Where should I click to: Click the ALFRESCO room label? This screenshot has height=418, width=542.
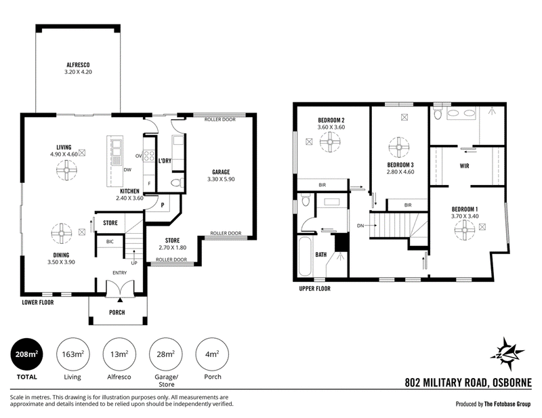(x=78, y=65)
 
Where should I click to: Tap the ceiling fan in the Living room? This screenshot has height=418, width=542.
(x=66, y=170)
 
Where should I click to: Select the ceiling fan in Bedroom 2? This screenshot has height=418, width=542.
(x=330, y=142)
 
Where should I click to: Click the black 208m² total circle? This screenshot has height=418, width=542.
(x=26, y=354)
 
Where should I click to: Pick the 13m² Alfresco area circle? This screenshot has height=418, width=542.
(x=119, y=354)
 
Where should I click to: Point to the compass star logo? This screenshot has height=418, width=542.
(x=507, y=354)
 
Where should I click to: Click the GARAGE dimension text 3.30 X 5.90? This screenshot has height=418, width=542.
(x=221, y=179)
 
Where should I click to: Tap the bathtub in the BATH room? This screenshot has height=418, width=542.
(x=305, y=256)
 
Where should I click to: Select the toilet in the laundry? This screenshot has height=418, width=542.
(x=178, y=182)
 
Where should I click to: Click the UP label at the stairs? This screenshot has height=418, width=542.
(x=134, y=263)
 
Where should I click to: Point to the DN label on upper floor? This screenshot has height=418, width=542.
(x=360, y=226)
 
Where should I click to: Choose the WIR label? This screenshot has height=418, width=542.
(x=464, y=166)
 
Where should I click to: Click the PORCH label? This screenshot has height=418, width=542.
(x=117, y=312)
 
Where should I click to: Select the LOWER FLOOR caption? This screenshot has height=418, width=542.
(x=38, y=303)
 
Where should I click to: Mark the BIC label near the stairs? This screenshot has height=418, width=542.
(x=110, y=242)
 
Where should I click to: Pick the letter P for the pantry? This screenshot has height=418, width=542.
(x=163, y=205)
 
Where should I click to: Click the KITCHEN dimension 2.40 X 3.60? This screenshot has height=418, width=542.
(x=129, y=198)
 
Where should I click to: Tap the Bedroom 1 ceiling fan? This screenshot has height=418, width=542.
(x=465, y=230)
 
